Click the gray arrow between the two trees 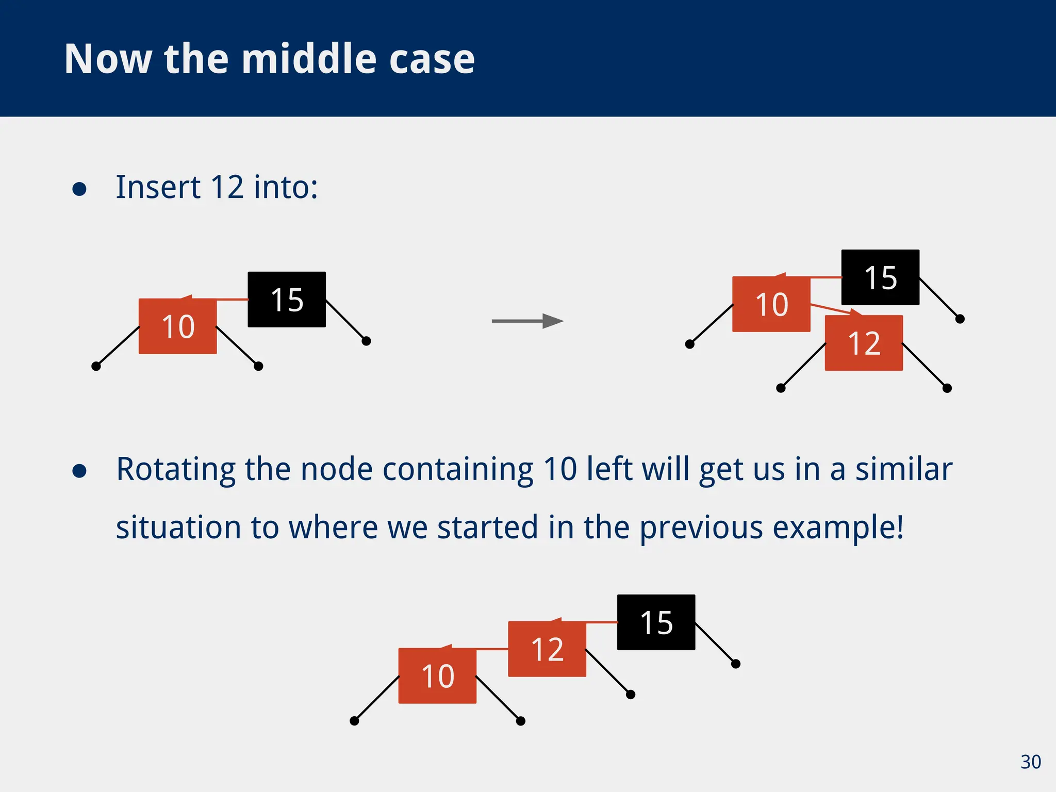click(527, 321)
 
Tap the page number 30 click(1030, 762)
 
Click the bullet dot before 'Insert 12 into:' click(79, 189)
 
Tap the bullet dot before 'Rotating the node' click(79, 471)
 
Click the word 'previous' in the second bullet click(701, 528)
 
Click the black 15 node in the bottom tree click(656, 622)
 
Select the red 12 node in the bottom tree click(547, 649)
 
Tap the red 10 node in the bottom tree click(437, 676)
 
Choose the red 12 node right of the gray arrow click(864, 343)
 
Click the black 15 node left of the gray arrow click(287, 300)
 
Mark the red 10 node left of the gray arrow click(178, 326)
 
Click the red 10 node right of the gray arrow click(771, 304)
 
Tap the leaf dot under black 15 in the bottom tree click(736, 664)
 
